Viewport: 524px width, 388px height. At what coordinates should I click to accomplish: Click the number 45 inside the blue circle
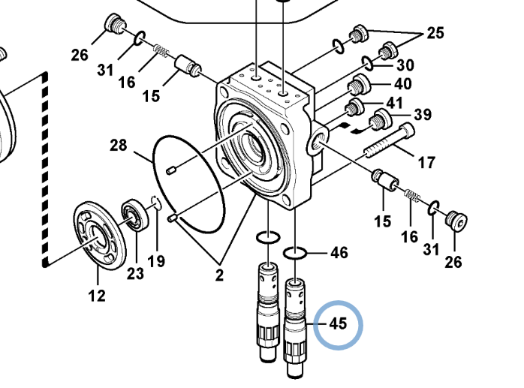click(338, 323)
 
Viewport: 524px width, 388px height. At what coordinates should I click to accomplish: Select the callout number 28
click(119, 145)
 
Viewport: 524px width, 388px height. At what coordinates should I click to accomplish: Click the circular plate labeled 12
click(100, 235)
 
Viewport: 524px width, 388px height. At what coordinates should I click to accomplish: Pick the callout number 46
click(339, 253)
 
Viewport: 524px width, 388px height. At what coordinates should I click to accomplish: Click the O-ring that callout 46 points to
click(295, 253)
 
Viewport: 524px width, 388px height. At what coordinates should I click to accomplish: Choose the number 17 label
click(426, 162)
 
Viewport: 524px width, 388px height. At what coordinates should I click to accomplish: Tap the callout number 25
click(435, 33)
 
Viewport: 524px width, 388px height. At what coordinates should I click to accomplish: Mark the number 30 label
click(405, 65)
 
